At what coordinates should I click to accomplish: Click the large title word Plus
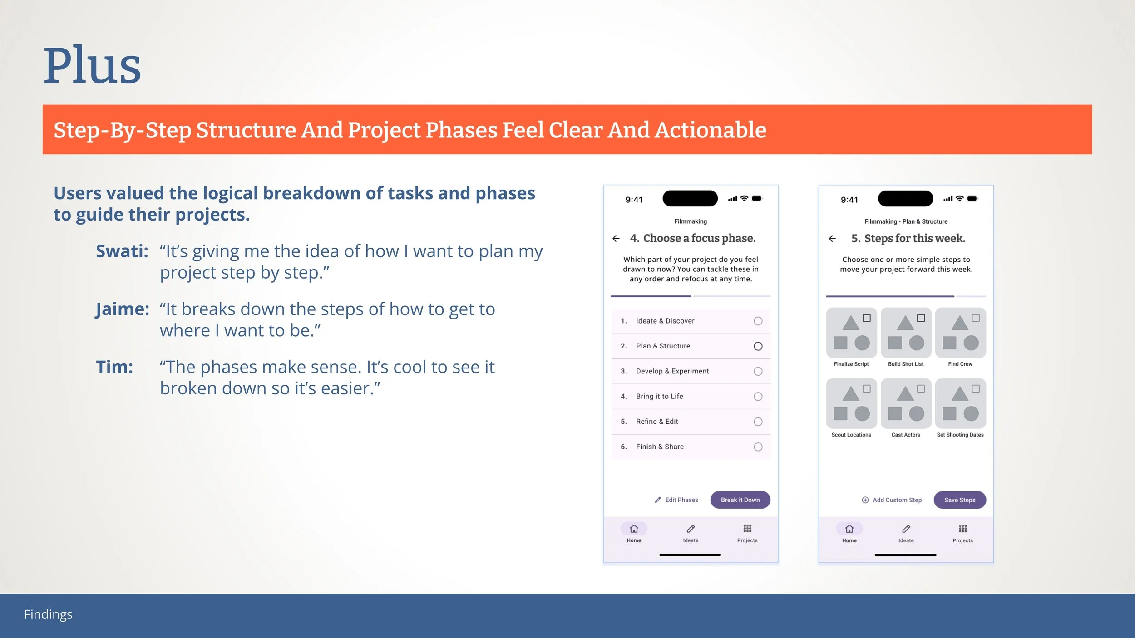coord(92,65)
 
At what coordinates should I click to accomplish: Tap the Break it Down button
coord(740,500)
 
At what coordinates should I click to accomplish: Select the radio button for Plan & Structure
coord(758,346)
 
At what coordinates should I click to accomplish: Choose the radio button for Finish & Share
coord(758,447)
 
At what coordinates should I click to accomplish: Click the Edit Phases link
coord(676,500)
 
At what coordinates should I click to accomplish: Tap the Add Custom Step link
coord(892,500)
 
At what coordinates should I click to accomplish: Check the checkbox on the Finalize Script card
coord(866,318)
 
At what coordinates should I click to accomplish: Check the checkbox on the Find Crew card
coord(975,318)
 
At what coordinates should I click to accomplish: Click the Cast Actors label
coord(906,435)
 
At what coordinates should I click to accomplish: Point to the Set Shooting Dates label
coord(960,435)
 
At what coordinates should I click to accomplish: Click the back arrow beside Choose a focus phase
coord(616,238)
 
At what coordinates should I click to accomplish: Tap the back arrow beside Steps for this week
coord(832,238)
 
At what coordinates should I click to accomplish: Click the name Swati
coord(122,251)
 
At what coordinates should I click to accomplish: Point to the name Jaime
coord(123,309)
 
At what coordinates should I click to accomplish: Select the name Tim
coord(114,367)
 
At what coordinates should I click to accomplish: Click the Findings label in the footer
coord(48,614)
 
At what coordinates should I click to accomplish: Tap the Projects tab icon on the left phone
coord(747,528)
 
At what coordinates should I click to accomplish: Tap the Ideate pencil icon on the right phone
coord(906,529)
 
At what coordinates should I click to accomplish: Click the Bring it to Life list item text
coord(659,396)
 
